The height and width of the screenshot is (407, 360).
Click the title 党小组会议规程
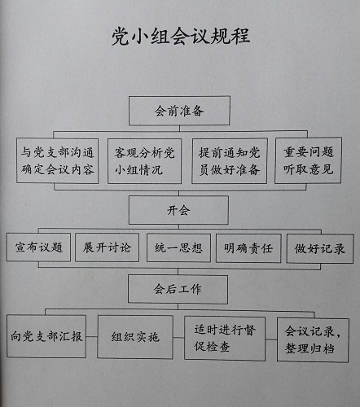(x=181, y=36)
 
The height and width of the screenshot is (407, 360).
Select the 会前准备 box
(x=179, y=111)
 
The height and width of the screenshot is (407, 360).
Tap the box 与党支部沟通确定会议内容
(x=58, y=160)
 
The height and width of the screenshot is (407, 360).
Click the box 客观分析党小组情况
(x=144, y=161)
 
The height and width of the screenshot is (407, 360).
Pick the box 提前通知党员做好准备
(x=230, y=161)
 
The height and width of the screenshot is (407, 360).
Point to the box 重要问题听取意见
(x=308, y=160)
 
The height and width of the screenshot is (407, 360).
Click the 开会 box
(x=178, y=210)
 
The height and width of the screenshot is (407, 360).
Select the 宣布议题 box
(x=38, y=247)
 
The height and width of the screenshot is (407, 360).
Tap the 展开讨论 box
(x=107, y=247)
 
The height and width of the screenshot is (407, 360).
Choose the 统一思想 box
(x=178, y=248)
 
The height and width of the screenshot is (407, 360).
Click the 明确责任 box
(x=248, y=248)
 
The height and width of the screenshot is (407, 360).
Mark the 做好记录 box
(x=320, y=249)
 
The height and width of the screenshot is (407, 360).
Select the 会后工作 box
(x=178, y=289)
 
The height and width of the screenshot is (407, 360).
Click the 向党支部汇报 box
(x=46, y=336)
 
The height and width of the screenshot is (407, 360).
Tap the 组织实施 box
(x=135, y=337)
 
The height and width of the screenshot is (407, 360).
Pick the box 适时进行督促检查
(x=225, y=339)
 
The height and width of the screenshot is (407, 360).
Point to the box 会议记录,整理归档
(x=313, y=340)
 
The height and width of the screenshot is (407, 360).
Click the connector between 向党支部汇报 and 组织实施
(x=92, y=337)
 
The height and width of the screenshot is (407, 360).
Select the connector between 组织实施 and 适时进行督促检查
(x=178, y=338)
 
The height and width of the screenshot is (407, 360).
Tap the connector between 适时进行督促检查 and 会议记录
(x=271, y=339)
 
